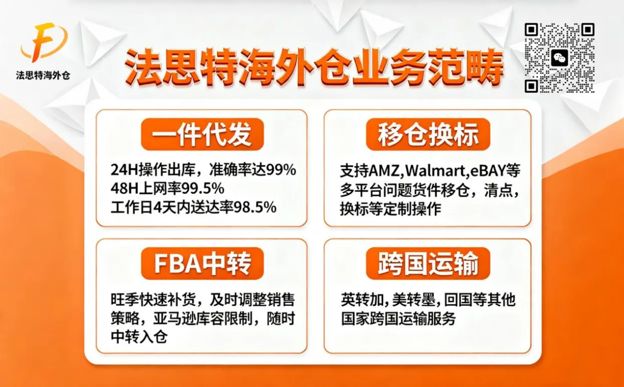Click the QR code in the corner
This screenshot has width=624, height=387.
(x=559, y=58)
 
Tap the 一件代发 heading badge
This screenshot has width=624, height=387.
(x=202, y=135)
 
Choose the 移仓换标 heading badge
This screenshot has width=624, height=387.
(x=428, y=135)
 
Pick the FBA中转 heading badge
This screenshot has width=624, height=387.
(x=202, y=264)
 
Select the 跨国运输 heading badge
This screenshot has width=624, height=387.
(x=428, y=264)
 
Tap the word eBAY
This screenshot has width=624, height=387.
(x=488, y=171)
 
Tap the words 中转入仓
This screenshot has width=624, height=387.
(x=138, y=336)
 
